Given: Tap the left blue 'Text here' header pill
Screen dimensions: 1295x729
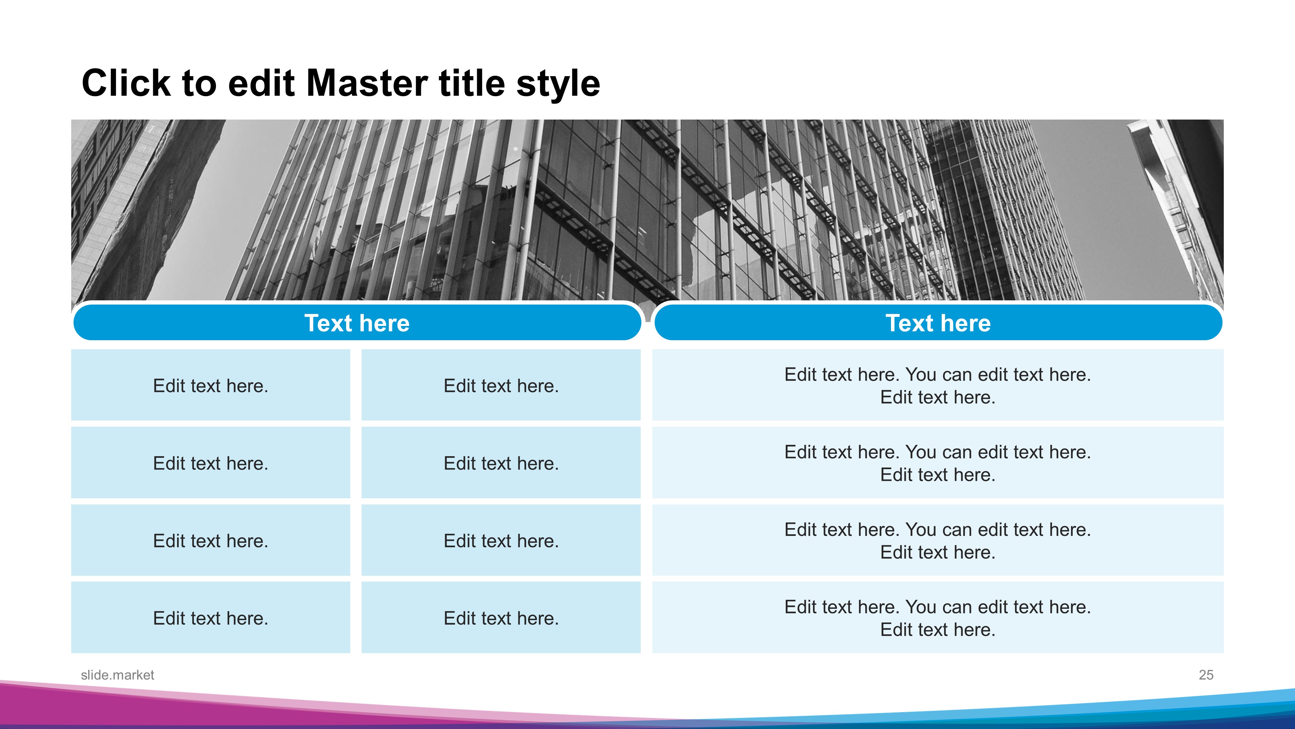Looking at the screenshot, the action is (x=357, y=322).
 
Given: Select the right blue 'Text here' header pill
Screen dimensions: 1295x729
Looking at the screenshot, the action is (x=938, y=322).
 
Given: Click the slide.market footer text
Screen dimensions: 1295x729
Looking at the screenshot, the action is (x=117, y=675).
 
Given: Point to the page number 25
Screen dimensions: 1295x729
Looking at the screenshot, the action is (x=1206, y=675).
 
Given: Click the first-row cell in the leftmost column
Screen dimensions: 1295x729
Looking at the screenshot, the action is (x=211, y=385).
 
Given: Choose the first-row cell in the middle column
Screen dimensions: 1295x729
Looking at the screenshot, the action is (x=501, y=385).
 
